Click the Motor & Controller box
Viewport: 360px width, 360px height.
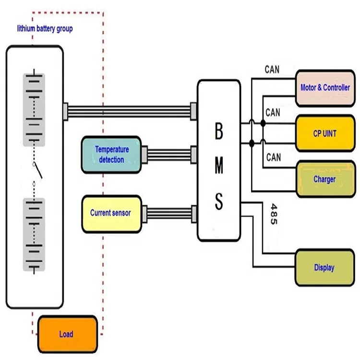click(324, 87)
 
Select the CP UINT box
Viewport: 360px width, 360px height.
click(324, 133)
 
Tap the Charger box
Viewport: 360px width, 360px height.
click(324, 180)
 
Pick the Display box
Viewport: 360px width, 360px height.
click(324, 267)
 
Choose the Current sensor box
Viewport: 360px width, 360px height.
click(111, 213)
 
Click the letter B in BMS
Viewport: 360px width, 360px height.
click(218, 132)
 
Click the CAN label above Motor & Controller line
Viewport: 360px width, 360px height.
click(272, 70)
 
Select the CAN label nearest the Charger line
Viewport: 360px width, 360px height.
click(273, 157)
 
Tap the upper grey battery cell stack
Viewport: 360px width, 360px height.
click(34, 109)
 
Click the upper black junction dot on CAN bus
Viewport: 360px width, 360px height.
click(263, 124)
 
